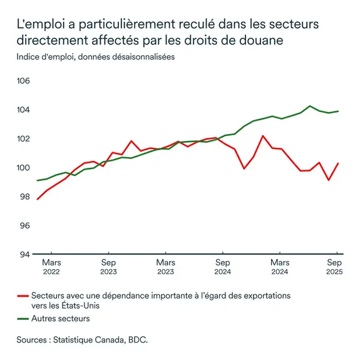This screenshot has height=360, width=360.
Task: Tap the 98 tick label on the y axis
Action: [x=24, y=197]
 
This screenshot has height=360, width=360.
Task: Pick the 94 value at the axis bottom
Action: [x=24, y=254]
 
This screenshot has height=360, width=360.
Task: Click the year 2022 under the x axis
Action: [x=51, y=272]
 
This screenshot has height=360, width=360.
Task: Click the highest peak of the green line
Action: [x=310, y=106]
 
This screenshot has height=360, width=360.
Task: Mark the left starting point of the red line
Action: [x=38, y=199]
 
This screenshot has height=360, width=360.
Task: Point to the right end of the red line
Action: [x=339, y=163]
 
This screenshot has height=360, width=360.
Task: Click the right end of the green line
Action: [x=339, y=111]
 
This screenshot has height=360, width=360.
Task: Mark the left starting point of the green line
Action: [x=38, y=180]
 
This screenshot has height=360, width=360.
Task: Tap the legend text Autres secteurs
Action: [x=61, y=319]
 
